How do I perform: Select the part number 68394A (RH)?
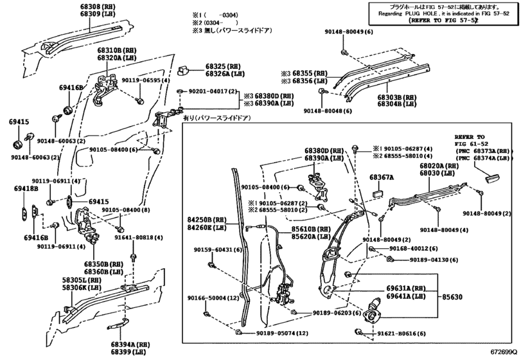coord(130,344)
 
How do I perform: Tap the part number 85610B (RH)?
coord(305,228)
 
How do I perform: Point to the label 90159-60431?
coord(213,249)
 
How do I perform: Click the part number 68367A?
coord(382,176)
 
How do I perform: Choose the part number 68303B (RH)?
coord(397,96)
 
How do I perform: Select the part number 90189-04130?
coord(432,260)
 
